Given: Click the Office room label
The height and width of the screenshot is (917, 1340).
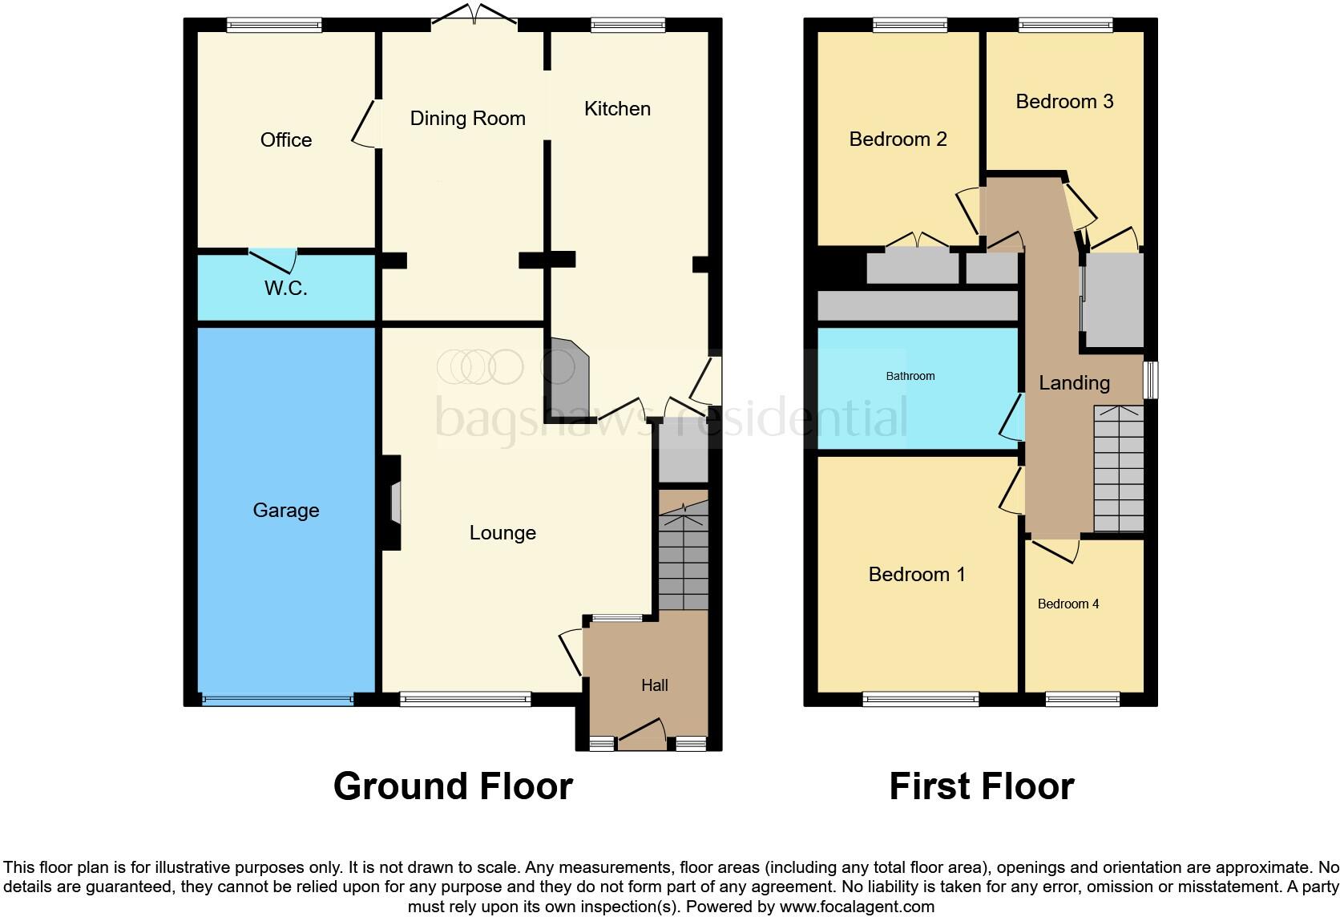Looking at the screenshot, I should pos(286,140).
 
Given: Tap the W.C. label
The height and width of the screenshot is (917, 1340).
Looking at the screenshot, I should pos(286,289).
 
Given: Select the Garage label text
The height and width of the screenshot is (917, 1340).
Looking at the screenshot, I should pos(286,511).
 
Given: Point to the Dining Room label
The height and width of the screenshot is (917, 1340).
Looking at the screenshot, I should pos(467,119).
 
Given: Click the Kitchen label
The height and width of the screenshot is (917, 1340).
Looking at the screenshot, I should pos(617,109).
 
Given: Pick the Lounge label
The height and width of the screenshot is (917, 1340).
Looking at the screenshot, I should pos(502,533).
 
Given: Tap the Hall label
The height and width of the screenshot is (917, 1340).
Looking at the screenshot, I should pos(654,685).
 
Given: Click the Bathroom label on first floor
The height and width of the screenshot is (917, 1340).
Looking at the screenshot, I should pos(910,376).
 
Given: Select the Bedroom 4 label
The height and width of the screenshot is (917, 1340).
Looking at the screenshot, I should pos(1068,604).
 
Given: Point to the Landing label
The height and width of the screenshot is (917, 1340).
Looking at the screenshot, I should pos(1074,383).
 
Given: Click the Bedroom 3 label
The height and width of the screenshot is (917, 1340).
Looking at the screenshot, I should pos(1064,102).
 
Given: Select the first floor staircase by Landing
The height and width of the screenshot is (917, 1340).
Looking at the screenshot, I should pos(1118,469).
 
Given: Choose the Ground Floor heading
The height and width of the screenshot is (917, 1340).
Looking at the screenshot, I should pos(453,786).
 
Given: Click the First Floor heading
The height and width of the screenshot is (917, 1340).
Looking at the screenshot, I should pos(981,786).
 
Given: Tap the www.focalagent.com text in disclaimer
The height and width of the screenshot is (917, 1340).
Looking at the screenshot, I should pos(857,907).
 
